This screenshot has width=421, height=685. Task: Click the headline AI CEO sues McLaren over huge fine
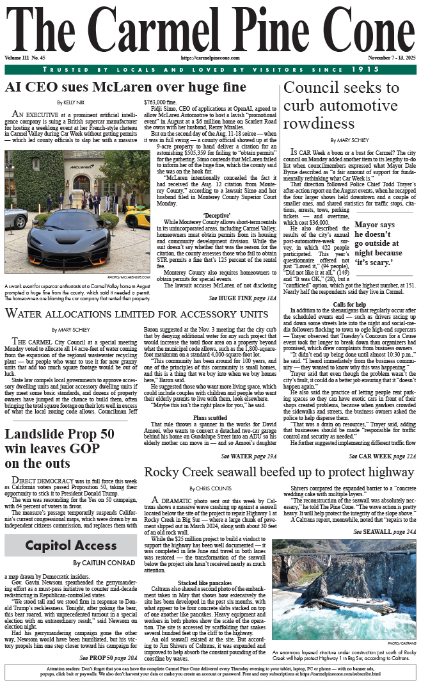click(125, 86)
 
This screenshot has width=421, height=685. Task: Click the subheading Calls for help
click(349, 303)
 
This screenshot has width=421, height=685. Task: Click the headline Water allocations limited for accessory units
click(137, 314)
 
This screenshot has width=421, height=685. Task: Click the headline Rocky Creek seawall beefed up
click(279, 472)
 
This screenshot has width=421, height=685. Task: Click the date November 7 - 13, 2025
click(388, 58)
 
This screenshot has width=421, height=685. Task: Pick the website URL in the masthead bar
click(210, 58)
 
